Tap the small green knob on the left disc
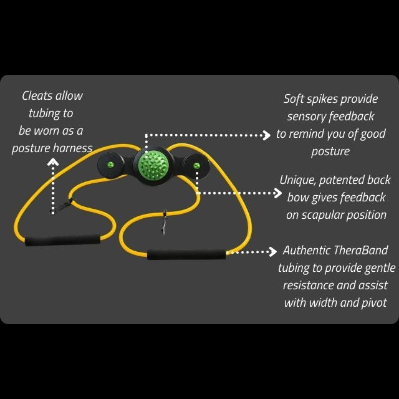[110, 165]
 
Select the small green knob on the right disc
[196, 165]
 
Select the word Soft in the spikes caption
[296, 99]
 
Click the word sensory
[306, 117]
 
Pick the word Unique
[297, 180]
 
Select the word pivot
[372, 303]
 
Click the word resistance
[309, 286]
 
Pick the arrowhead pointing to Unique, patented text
[278, 193]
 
